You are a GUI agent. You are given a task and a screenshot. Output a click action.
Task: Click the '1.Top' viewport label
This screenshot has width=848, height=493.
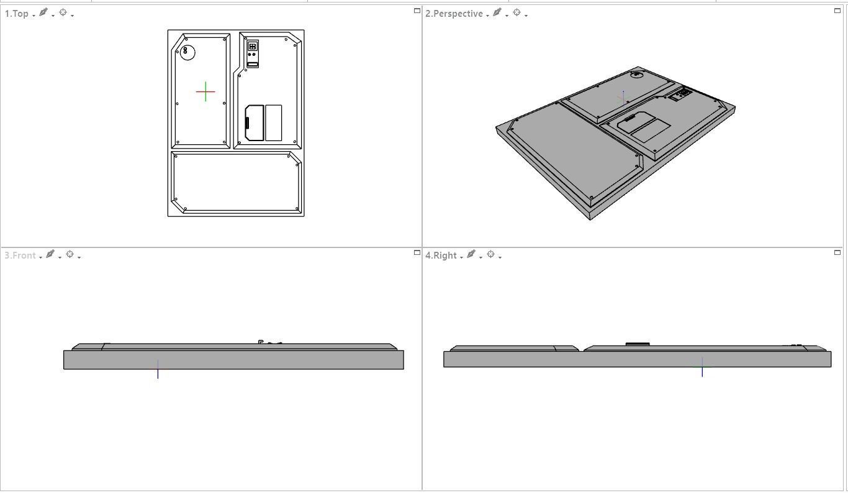pyautogui.click(x=16, y=14)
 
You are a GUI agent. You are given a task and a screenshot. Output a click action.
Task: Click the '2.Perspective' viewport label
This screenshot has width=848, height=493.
pyautogui.click(x=454, y=14)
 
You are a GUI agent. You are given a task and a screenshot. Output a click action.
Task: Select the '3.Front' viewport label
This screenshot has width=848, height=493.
pyautogui.click(x=20, y=256)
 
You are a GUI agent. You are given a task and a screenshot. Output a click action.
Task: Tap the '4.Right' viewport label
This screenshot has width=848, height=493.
pyautogui.click(x=441, y=256)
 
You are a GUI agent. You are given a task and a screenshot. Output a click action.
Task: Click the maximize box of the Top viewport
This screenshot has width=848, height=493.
pyautogui.click(x=417, y=11)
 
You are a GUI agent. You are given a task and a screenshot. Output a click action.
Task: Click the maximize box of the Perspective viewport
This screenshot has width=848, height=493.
pyautogui.click(x=837, y=11)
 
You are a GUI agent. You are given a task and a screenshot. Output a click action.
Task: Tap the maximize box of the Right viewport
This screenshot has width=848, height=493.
pyautogui.click(x=837, y=252)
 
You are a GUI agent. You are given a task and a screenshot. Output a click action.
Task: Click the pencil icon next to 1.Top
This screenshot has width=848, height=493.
pyautogui.click(x=43, y=12)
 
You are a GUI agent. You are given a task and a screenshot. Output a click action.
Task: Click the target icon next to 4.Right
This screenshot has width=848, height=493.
pyautogui.click(x=490, y=254)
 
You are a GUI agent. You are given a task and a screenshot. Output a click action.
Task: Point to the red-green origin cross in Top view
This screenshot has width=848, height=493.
pyautogui.click(x=205, y=92)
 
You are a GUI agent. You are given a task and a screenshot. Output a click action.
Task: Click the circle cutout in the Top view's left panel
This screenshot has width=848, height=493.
pyautogui.click(x=187, y=53)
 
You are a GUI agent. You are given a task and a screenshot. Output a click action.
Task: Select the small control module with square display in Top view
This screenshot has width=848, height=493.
pyautogui.click(x=253, y=54)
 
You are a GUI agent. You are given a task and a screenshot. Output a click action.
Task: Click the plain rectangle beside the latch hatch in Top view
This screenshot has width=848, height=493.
pyautogui.click(x=273, y=122)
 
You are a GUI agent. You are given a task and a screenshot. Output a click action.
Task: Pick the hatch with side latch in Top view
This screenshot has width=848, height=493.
pyautogui.click(x=255, y=123)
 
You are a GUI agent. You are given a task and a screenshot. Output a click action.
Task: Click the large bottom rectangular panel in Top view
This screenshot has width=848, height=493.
pyautogui.click(x=236, y=182)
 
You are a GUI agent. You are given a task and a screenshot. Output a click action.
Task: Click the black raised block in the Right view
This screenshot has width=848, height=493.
pyautogui.click(x=637, y=344)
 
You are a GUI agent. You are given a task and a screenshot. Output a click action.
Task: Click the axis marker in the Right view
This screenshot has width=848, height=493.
pyautogui.click(x=702, y=367)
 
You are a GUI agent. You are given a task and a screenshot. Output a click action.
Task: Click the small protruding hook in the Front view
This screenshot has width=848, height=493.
pyautogui.click(x=261, y=341)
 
